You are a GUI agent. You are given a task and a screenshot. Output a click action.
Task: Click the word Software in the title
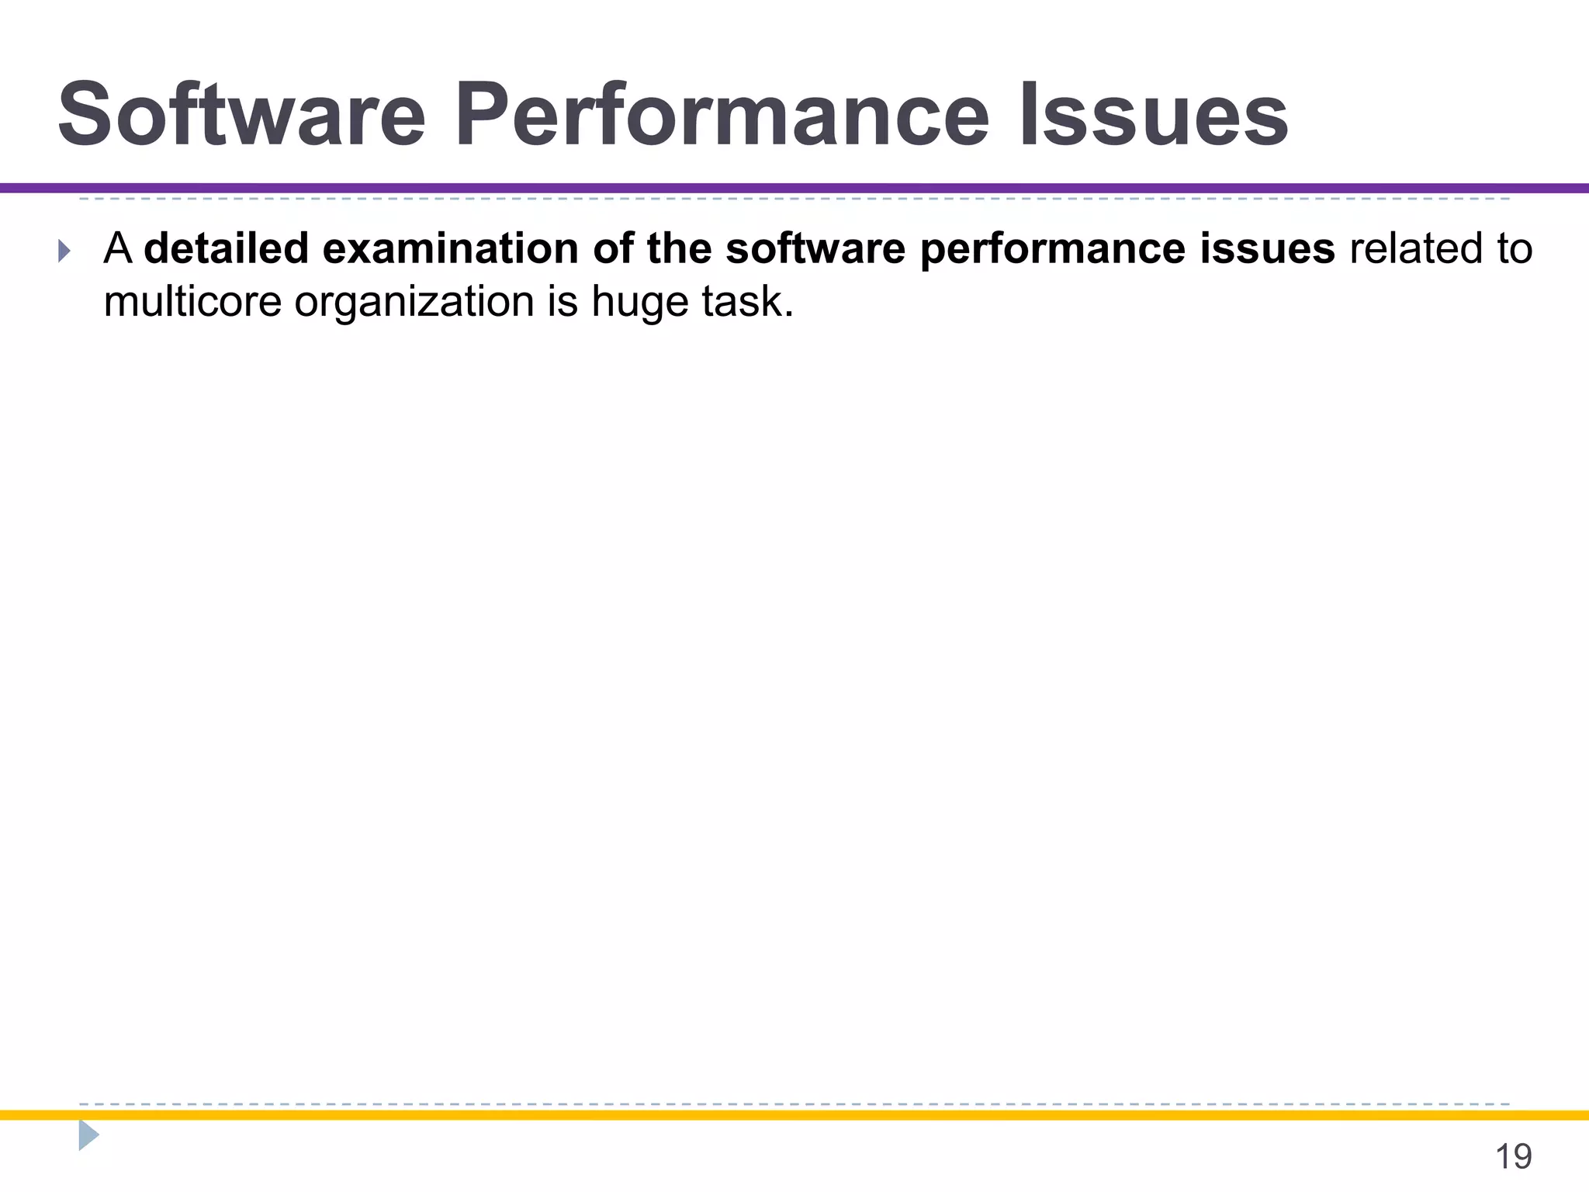(x=242, y=116)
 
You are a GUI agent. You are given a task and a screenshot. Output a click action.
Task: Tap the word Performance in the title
(x=722, y=116)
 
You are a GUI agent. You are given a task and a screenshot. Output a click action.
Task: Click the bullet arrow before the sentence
(x=64, y=251)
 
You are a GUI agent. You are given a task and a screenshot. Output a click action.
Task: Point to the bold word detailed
(x=227, y=249)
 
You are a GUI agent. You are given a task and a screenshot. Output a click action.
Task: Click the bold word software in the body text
(x=815, y=249)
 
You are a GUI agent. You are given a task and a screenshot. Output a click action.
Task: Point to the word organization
(x=414, y=303)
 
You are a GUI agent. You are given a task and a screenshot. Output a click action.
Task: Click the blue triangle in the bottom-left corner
(x=88, y=1135)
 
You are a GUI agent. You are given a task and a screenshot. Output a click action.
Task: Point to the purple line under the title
(x=794, y=188)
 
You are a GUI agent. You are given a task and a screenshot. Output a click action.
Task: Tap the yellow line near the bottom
(x=794, y=1115)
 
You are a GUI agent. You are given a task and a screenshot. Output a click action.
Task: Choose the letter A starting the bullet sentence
(x=117, y=249)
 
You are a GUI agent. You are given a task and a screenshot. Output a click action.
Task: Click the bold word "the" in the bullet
(x=679, y=249)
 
